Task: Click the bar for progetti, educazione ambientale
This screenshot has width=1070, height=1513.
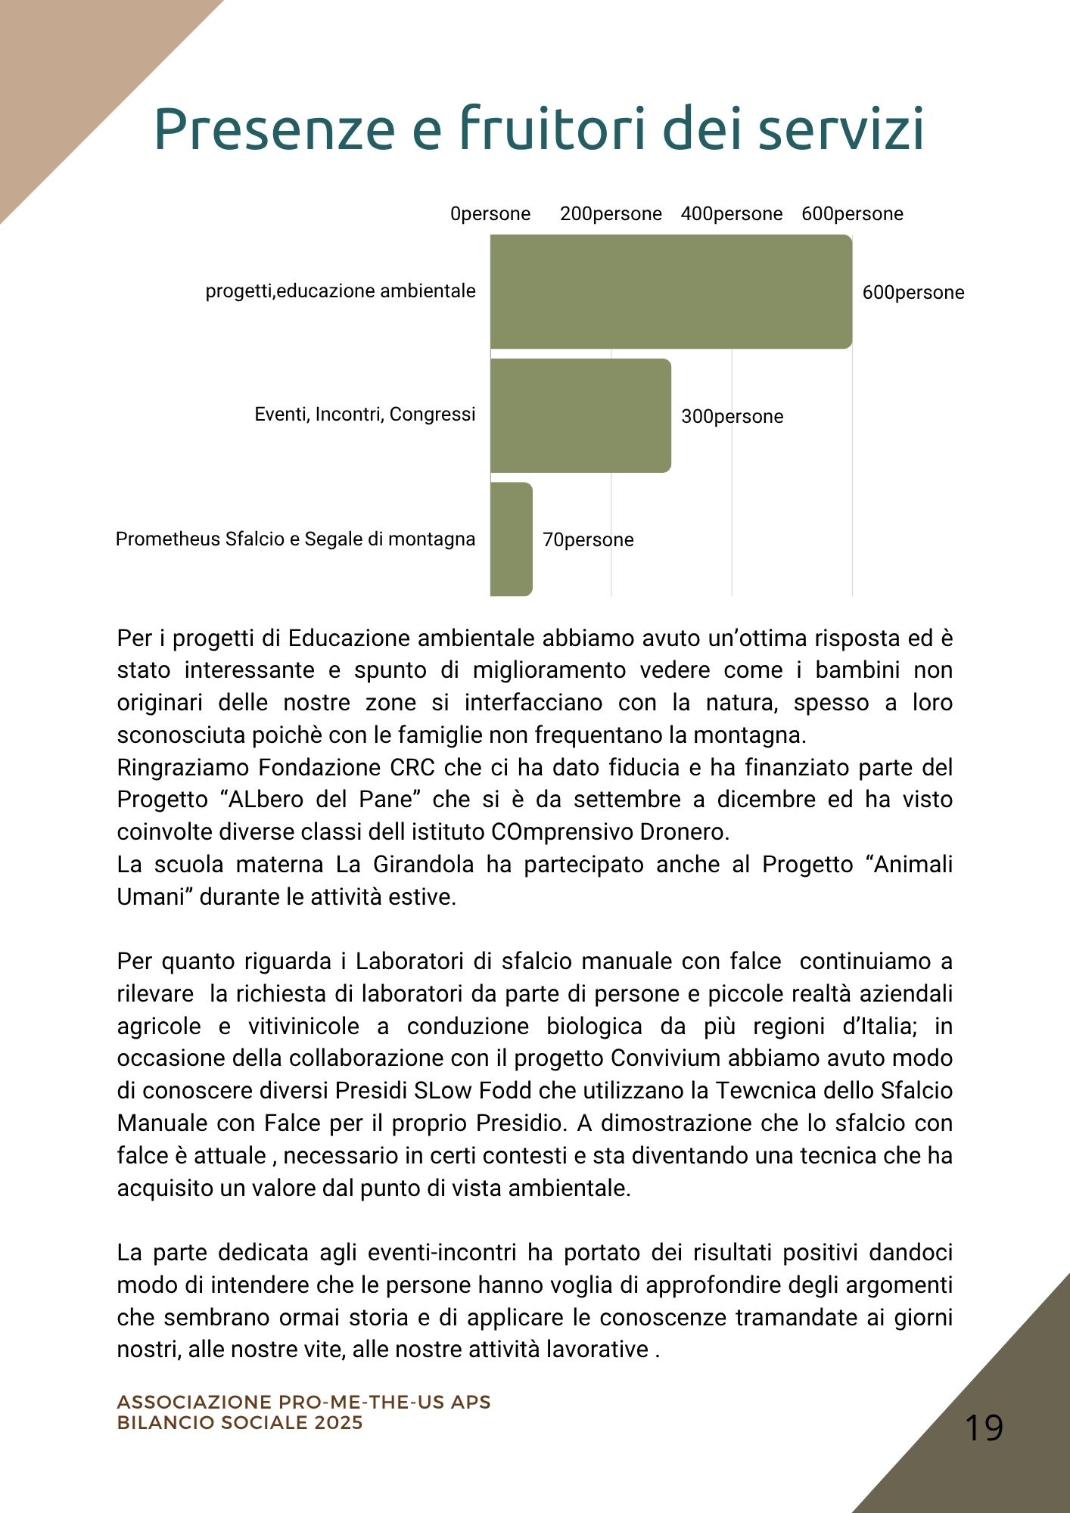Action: pos(670,291)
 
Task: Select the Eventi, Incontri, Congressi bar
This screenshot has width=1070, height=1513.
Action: pos(580,415)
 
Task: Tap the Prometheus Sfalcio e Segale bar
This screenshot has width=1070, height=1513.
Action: pos(512,539)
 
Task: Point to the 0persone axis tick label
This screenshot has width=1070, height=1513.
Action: pos(490,214)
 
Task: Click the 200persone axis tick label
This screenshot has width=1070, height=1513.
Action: pos(611,214)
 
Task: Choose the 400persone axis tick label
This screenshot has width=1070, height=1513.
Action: pos(731,214)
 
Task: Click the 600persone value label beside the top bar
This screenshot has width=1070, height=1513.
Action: pos(913,293)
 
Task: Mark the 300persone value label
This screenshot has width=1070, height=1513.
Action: pos(732,417)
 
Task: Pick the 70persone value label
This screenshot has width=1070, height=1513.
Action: pos(588,540)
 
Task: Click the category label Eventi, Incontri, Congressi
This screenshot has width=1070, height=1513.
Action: pos(365,415)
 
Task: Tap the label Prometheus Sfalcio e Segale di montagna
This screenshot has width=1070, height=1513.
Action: pos(295,539)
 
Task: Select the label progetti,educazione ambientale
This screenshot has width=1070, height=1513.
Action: pos(341,291)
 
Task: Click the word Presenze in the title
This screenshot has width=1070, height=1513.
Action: pos(274,129)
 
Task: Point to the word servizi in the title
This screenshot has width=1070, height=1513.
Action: pos(841,129)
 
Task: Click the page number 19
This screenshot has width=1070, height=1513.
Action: pos(984,1428)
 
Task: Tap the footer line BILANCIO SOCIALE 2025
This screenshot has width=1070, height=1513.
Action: pos(240,1423)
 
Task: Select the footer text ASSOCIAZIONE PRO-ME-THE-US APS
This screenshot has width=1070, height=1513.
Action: pos(303,1402)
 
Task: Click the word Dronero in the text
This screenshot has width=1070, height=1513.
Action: pos(684,832)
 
